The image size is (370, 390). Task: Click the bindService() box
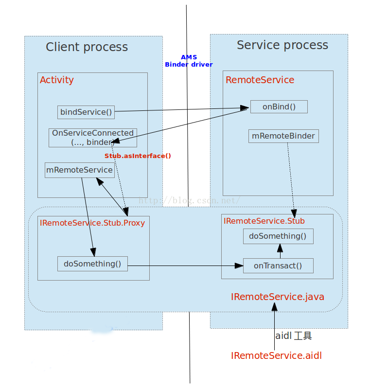pos(86,112)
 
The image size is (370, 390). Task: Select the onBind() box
pos(279,106)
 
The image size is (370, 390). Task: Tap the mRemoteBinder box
pos(283,136)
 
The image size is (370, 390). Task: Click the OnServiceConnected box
pos(93,138)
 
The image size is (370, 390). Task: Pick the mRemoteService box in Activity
pos(80,170)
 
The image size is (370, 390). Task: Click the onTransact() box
pos(278,266)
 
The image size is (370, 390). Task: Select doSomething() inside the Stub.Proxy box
pos(92,264)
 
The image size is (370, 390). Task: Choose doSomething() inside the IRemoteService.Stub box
pos(278,236)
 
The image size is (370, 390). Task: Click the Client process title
pos(87,47)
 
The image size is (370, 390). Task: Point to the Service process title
pos(282,45)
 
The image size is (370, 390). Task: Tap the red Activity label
pos(57,80)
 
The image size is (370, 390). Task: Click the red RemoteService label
pos(260,80)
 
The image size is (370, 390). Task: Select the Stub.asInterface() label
pos(138,156)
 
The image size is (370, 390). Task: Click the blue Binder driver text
pos(189,64)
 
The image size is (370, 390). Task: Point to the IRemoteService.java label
pos(278,297)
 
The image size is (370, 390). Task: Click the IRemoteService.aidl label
pos(276,355)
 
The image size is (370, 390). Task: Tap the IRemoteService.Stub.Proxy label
pos(92,223)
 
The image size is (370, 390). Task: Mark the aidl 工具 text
pos(293,336)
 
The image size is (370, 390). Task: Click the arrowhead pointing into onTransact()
pos(239,266)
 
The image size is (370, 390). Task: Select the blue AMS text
pos(189,57)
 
